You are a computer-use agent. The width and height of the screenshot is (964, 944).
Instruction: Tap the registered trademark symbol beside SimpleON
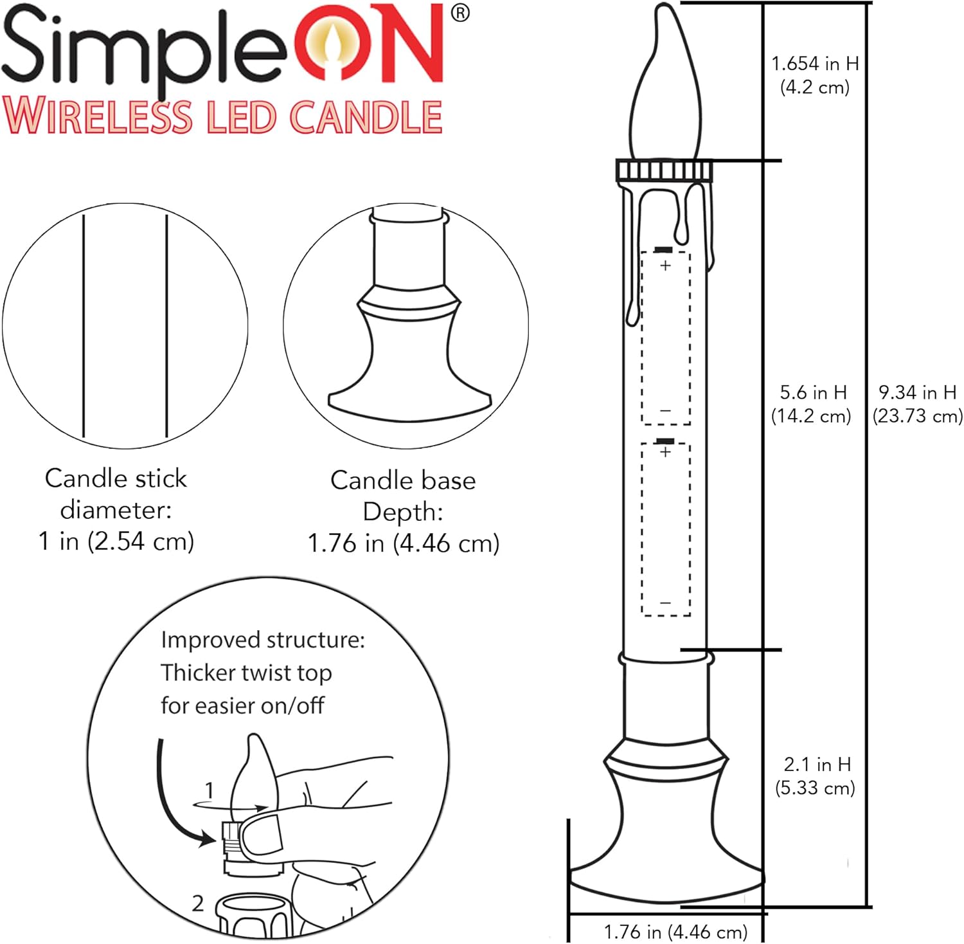[x=460, y=13]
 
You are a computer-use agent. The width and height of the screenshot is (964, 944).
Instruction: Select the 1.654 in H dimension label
[x=815, y=64]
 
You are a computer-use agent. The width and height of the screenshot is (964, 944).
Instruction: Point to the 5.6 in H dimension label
[x=813, y=392]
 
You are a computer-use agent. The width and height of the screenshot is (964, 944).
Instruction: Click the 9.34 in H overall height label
[x=917, y=392]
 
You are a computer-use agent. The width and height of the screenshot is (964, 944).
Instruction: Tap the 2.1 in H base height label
[x=817, y=765]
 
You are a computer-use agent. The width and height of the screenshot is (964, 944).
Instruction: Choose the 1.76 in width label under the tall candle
[x=675, y=931]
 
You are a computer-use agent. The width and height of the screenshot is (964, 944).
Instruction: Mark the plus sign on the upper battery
[x=666, y=265]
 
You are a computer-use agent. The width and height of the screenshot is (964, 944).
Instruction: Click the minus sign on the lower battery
[x=666, y=603]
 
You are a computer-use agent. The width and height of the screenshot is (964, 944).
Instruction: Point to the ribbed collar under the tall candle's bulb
[x=665, y=171]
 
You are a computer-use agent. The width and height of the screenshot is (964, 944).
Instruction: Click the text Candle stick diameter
[x=116, y=494]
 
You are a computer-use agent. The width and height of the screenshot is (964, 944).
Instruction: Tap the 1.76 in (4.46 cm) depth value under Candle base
[x=404, y=543]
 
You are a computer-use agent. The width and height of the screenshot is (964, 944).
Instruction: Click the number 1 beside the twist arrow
[x=208, y=790]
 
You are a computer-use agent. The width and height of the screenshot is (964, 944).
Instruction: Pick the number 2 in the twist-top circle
[x=198, y=903]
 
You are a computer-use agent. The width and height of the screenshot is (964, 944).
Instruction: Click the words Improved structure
[x=262, y=640]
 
